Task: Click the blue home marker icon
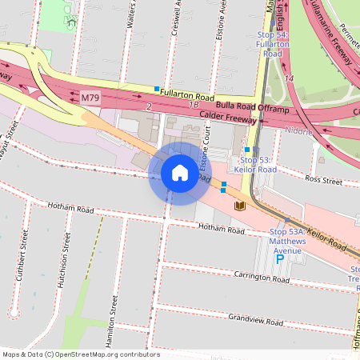[180, 173]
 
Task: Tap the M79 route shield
[91, 98]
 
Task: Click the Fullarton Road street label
[187, 96]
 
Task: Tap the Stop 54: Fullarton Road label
[273, 43]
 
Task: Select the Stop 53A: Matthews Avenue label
[287, 241]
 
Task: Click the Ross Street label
[323, 182]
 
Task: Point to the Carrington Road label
[261, 276]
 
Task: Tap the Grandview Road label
[255, 321]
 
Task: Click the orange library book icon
[238, 206]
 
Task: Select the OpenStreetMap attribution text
[80, 354]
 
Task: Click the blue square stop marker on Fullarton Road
[158, 88]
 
